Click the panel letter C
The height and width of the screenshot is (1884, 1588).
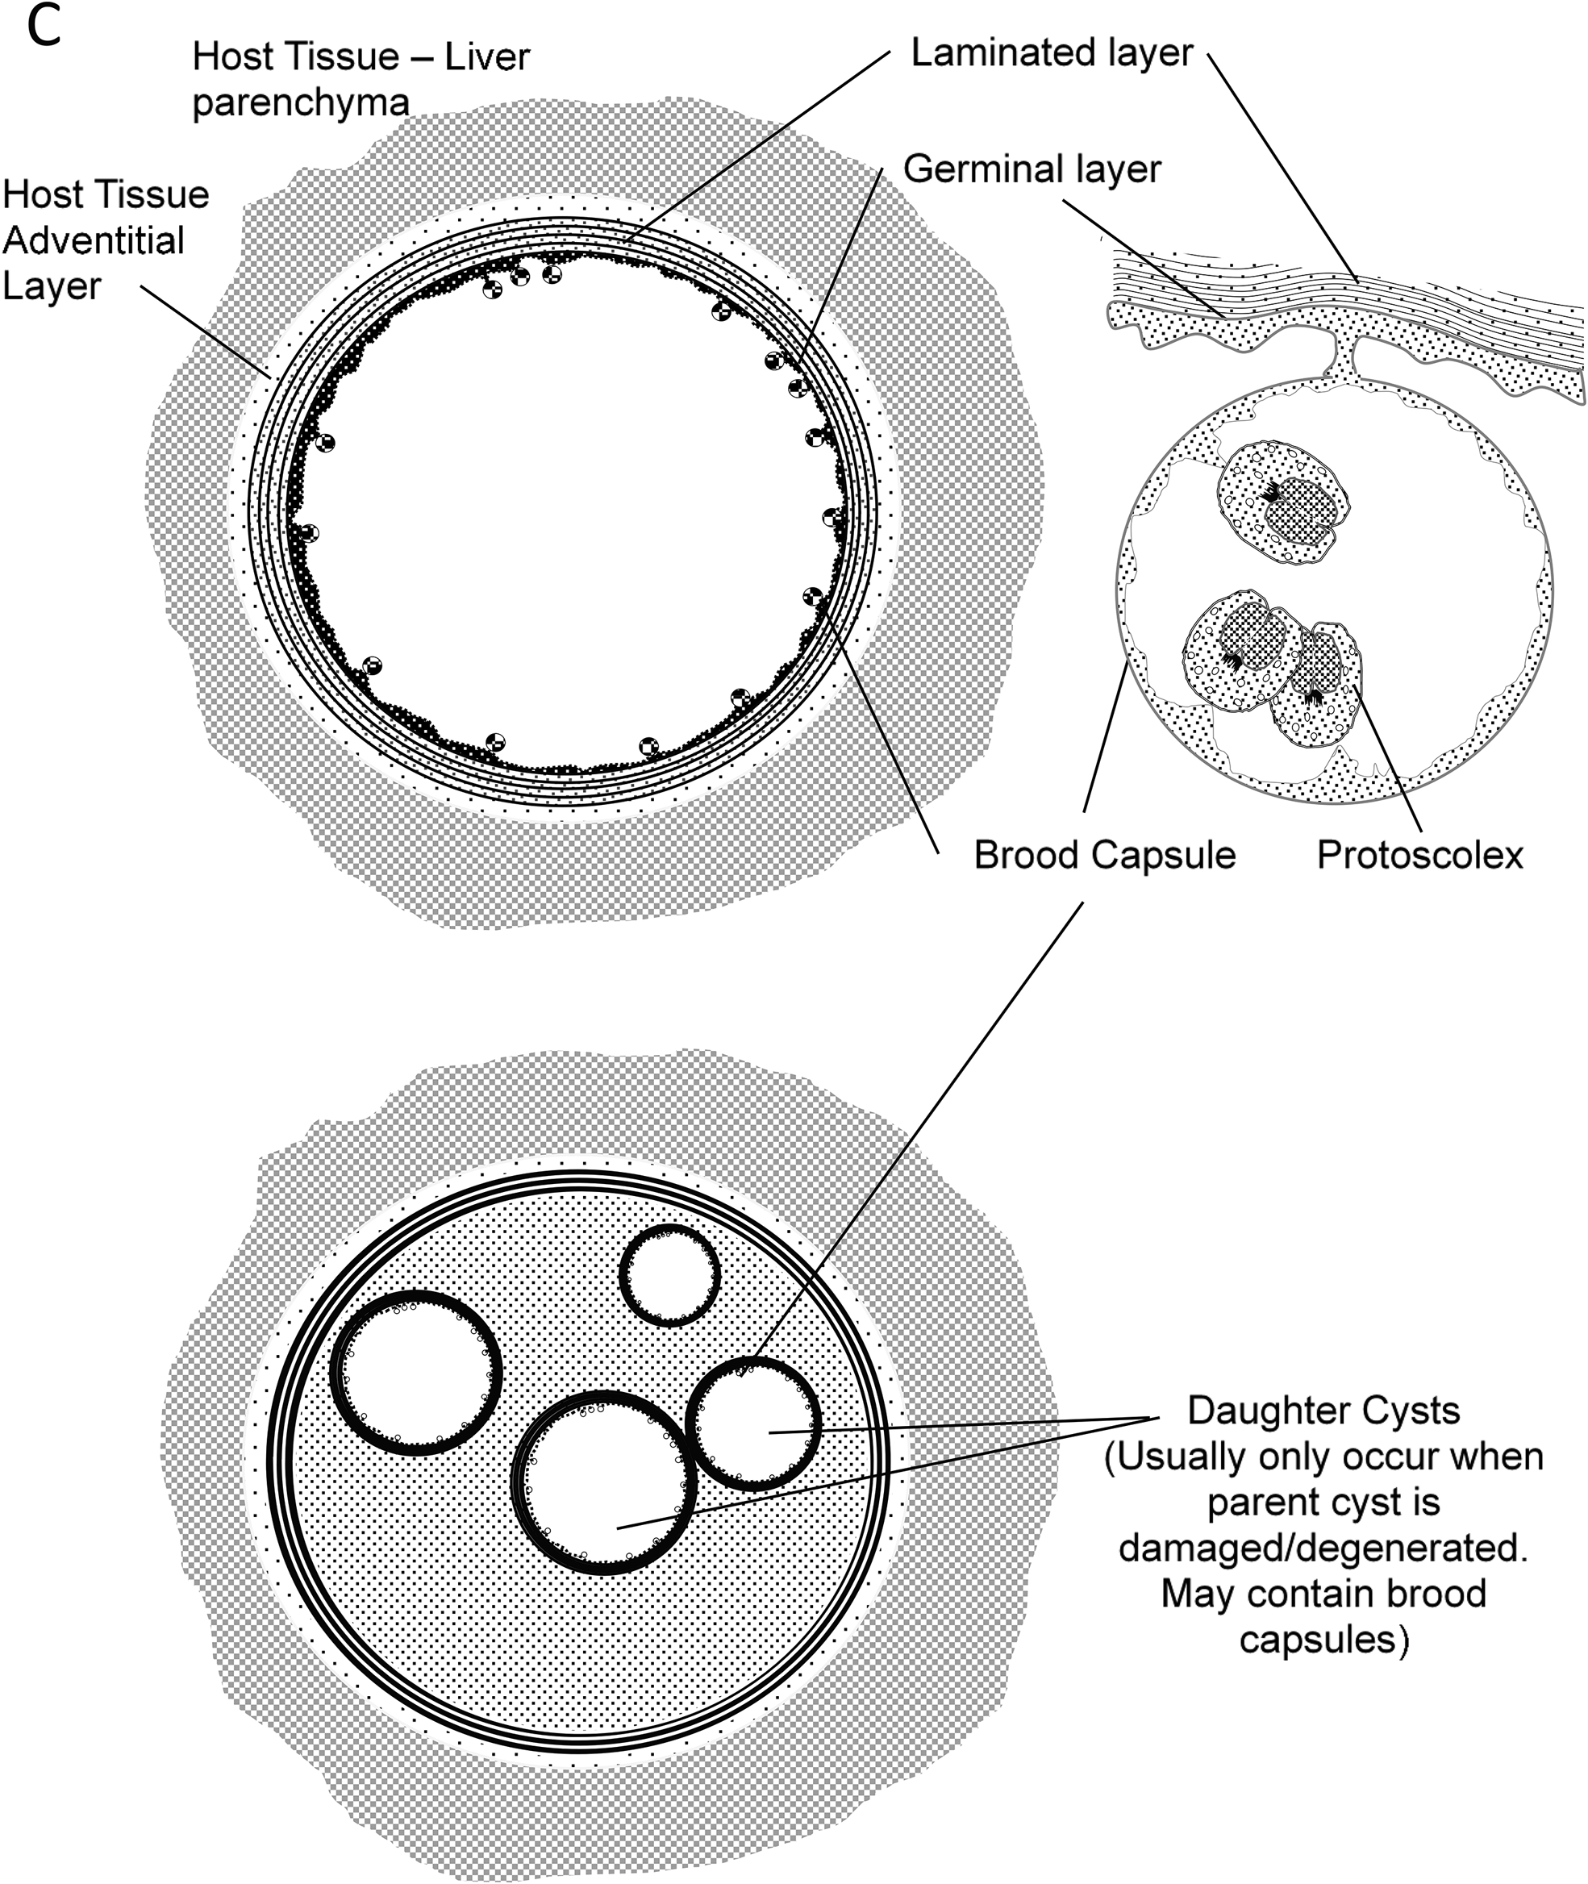pos(44,28)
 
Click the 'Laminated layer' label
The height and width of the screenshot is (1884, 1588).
pos(1052,53)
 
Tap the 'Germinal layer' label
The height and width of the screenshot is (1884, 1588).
pos(1032,169)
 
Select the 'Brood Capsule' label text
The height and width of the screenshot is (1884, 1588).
pos(1105,855)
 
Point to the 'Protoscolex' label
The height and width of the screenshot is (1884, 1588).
pos(1419,855)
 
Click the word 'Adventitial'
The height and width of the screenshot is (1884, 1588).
pos(94,240)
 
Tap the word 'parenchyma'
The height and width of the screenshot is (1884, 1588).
pos(301,102)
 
